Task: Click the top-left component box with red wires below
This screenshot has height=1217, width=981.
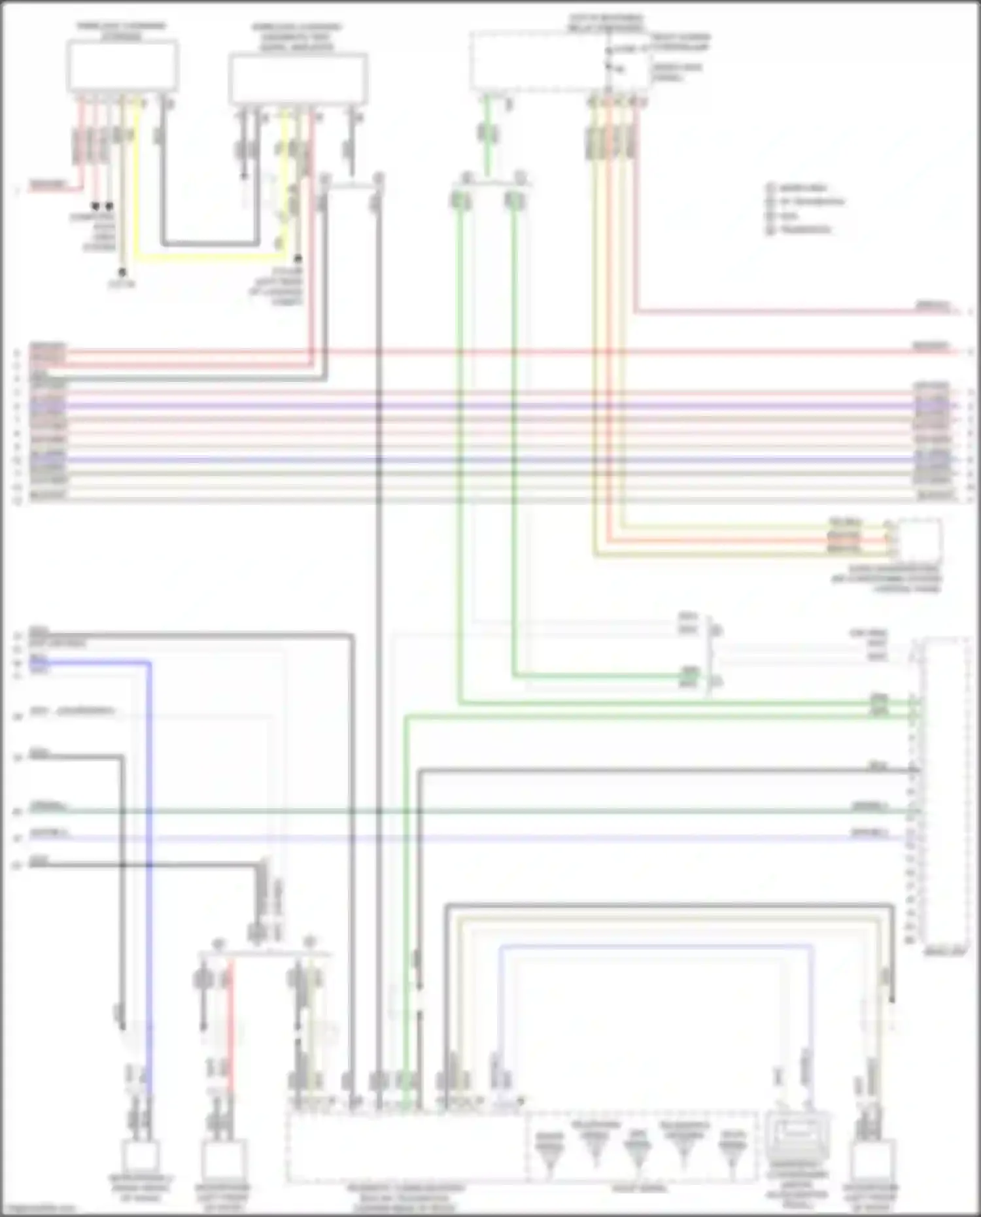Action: click(123, 65)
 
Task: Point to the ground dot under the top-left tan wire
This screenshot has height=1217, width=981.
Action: click(122, 271)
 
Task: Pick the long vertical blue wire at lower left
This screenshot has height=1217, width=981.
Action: click(150, 850)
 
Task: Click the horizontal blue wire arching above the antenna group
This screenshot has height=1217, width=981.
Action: click(654, 946)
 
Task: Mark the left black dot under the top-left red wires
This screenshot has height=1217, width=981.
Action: click(95, 206)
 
